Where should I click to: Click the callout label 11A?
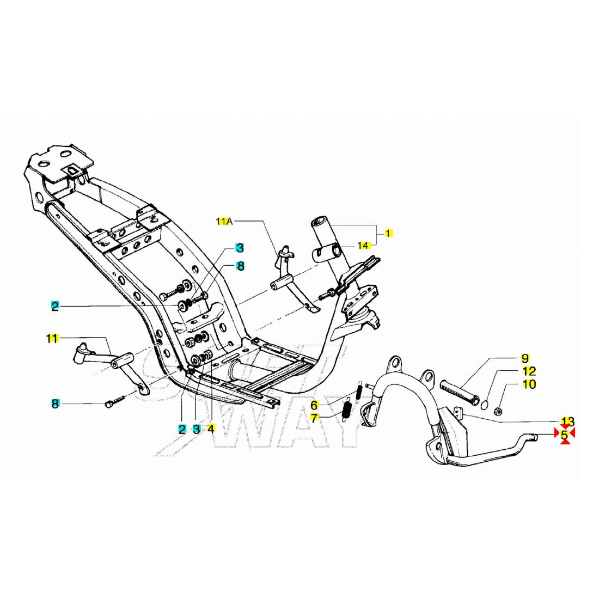pos(224,221)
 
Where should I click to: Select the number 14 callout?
pos(364,246)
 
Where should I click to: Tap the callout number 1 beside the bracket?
pos(388,233)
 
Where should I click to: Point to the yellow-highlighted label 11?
pos(52,338)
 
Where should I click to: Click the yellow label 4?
pos(211,429)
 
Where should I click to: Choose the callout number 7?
pos(314,418)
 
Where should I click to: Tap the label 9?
pos(525,358)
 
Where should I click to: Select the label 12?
pos(529,371)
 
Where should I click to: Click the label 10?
pos(529,384)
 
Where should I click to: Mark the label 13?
pos(567,421)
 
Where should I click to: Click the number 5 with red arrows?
pos(565,435)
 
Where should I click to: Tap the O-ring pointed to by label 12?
pos(485,405)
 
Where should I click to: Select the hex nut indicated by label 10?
pos(498,412)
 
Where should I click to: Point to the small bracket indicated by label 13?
pos(458,413)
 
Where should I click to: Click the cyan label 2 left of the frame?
pos(55,306)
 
